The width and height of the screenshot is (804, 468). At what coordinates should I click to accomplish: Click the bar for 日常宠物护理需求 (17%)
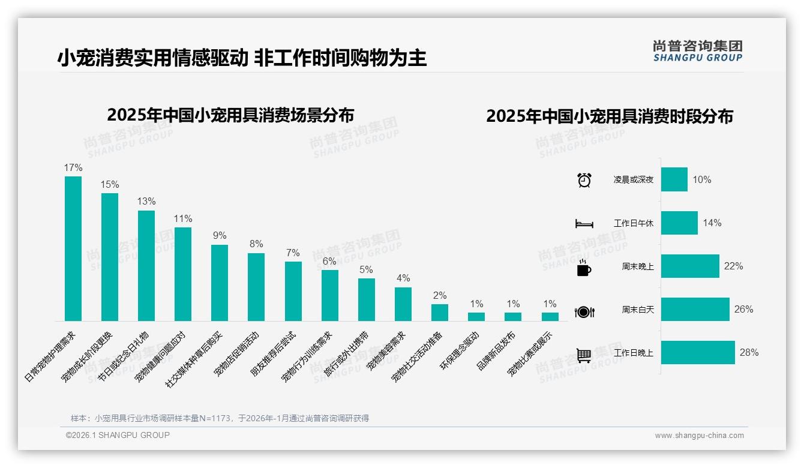point(73,248)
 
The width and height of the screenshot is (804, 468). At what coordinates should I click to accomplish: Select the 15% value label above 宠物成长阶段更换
point(110,184)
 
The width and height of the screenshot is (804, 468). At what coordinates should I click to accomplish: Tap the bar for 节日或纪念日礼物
point(146,265)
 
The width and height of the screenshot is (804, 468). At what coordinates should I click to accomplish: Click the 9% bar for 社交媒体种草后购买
point(220,283)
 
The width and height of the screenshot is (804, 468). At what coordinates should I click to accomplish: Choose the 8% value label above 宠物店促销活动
point(256,244)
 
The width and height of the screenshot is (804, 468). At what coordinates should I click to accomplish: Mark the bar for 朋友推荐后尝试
point(293,291)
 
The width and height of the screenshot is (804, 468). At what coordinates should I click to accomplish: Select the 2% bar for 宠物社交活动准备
point(440,313)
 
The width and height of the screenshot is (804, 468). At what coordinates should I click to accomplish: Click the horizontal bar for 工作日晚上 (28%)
point(698,352)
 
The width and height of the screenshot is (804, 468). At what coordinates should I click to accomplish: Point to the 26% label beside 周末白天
point(743,309)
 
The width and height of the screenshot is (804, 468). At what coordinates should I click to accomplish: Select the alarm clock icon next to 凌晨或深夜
point(584,180)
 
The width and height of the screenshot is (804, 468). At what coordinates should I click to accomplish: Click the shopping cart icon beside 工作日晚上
point(584,355)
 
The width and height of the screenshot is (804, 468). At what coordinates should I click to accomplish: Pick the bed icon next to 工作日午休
point(584,224)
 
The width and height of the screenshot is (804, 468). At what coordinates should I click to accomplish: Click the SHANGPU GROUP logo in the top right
point(697,51)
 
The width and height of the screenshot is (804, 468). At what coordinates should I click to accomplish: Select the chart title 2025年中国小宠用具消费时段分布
point(609,116)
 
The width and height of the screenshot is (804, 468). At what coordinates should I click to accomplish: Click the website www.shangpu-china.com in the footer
point(699,436)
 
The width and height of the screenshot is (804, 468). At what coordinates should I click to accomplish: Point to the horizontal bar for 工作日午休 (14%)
point(679,223)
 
